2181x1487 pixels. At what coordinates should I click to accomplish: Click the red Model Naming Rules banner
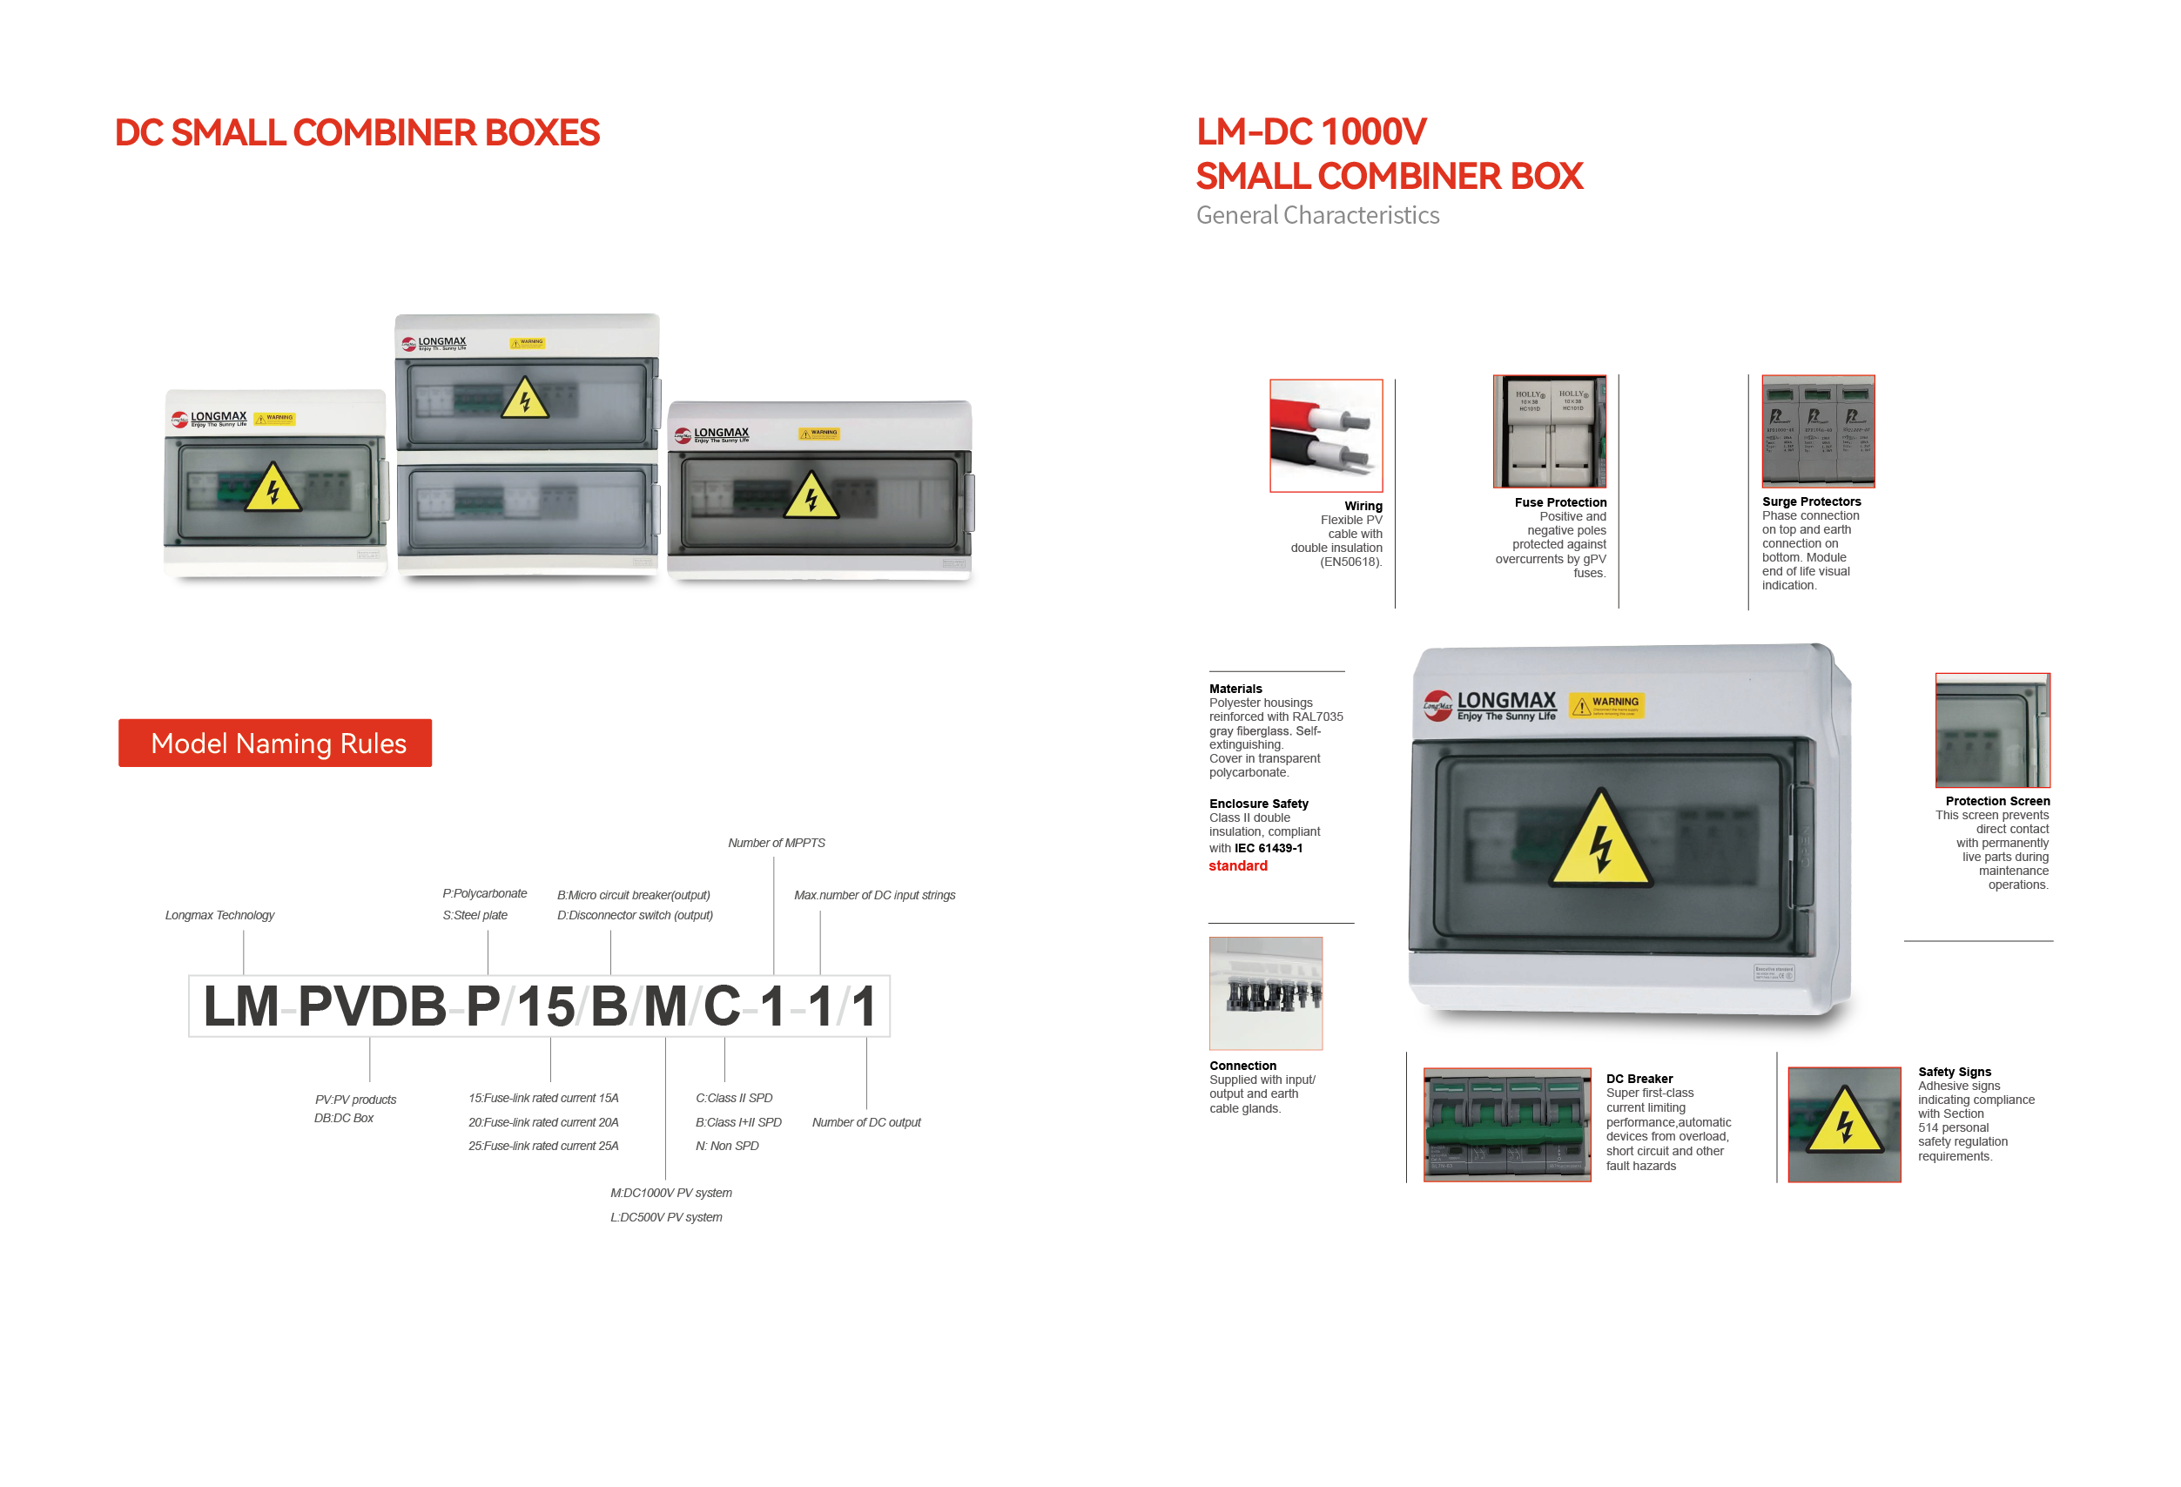(x=275, y=743)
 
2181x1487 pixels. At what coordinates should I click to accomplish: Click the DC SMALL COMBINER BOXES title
(x=357, y=133)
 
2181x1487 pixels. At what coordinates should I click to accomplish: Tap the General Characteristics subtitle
(x=1316, y=216)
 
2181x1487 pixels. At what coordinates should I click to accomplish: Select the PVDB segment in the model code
(x=372, y=1006)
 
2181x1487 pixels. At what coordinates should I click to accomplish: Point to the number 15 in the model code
(x=545, y=1006)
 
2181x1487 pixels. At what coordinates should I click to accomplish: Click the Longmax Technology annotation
(x=219, y=915)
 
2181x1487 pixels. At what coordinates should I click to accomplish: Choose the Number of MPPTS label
(x=776, y=843)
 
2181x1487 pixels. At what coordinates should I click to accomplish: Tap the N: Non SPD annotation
(x=726, y=1146)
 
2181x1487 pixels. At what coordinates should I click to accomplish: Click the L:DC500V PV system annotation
(x=665, y=1217)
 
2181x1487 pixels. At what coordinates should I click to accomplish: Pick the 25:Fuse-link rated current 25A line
(x=543, y=1146)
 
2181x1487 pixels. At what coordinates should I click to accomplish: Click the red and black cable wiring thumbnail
(x=1325, y=435)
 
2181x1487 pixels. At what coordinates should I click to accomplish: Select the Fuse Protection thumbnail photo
(x=1550, y=432)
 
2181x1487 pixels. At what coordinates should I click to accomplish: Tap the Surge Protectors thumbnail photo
(x=1818, y=432)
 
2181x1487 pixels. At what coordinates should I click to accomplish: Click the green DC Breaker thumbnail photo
(x=1506, y=1124)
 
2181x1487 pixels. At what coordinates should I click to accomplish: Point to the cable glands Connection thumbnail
(x=1265, y=992)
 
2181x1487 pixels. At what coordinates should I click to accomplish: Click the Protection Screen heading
(x=1997, y=801)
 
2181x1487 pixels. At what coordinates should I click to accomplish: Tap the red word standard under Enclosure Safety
(x=1237, y=866)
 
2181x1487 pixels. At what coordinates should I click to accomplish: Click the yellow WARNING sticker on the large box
(x=1606, y=705)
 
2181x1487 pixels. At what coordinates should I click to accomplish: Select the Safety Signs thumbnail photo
(x=1844, y=1124)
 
